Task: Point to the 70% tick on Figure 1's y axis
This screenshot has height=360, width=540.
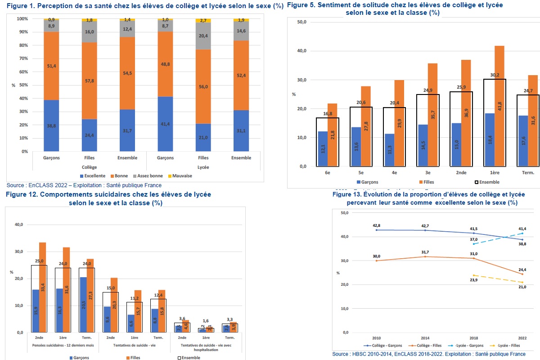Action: click(22, 58)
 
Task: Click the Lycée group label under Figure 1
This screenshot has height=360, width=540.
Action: click(203, 167)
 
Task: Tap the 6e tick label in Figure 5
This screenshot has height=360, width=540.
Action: click(327, 173)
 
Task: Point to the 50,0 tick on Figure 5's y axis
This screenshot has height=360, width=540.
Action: click(301, 22)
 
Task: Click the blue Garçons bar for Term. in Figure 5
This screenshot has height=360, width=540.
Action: click(522, 141)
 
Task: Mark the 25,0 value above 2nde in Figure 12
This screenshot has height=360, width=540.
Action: click(39, 261)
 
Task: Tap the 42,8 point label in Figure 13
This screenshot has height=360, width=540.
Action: click(377, 225)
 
